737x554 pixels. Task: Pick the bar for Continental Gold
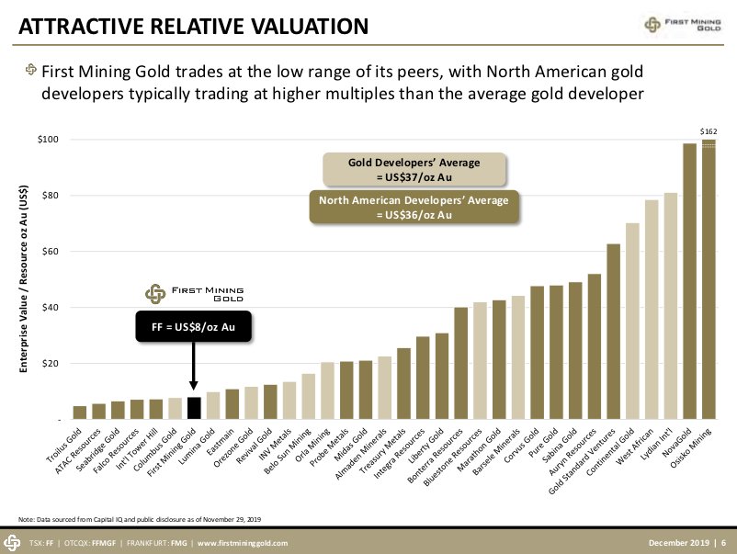[632, 322]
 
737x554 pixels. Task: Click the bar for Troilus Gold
[80, 413]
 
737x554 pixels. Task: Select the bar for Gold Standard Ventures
[613, 332]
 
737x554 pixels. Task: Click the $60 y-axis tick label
[50, 252]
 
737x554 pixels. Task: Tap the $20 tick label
[50, 364]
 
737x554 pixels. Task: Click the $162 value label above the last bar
[708, 132]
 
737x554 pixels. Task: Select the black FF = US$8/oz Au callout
[193, 327]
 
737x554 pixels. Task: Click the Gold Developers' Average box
[414, 169]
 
